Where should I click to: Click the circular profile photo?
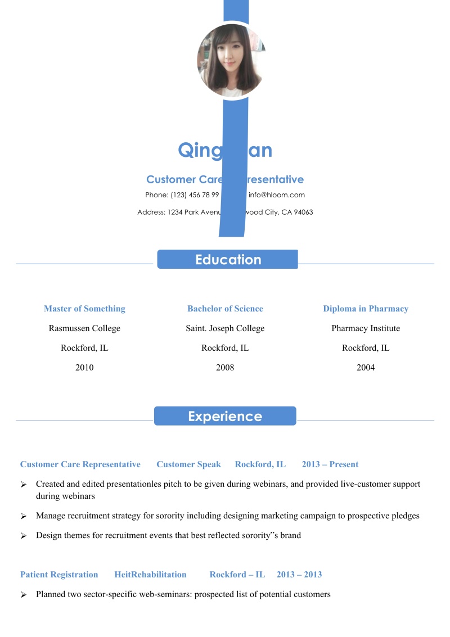[x=231, y=61]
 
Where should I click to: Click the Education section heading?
[x=228, y=260]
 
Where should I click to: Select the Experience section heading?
[x=225, y=416]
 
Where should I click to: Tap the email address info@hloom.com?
[x=276, y=195]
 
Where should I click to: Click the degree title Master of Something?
[x=84, y=309]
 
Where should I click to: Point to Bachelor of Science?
[x=225, y=309]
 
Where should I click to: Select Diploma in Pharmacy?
[x=366, y=309]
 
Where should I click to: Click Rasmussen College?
[x=84, y=328]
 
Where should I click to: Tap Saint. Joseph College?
[x=225, y=328]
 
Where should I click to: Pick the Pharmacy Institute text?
[x=366, y=328]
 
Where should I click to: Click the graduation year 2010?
[x=84, y=368]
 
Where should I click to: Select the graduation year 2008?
[x=225, y=368]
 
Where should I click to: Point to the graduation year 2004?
[x=366, y=368]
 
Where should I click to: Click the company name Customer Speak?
[x=189, y=464]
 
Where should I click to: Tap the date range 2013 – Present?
[x=330, y=464]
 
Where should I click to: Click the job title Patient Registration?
[x=59, y=575]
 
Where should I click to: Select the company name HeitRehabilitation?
[x=150, y=575]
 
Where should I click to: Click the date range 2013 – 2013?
[x=299, y=575]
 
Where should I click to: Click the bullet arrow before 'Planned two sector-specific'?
[x=24, y=595]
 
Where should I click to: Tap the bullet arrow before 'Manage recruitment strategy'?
[x=24, y=516]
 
